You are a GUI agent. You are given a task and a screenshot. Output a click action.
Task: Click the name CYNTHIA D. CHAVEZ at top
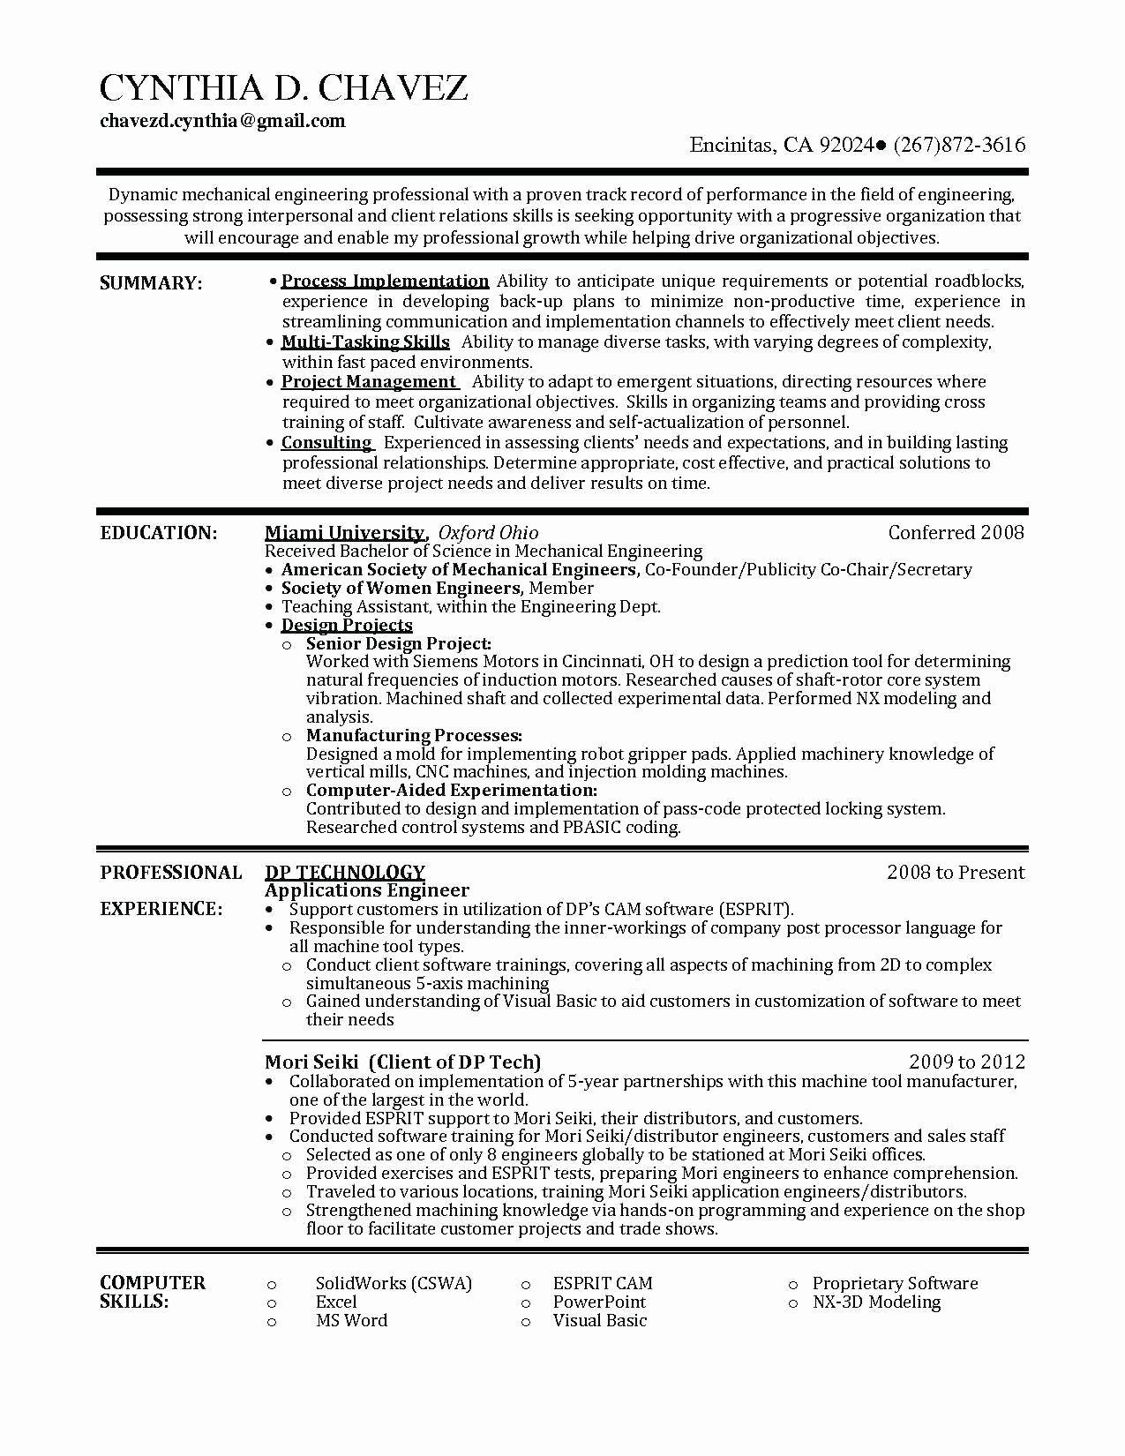pos(283,87)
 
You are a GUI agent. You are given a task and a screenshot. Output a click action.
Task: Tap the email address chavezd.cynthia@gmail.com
pos(222,121)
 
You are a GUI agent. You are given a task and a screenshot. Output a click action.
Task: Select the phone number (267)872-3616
pos(959,146)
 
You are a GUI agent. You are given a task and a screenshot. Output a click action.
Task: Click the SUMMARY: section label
pos(151,283)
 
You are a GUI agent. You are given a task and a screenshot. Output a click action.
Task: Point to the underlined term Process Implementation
pos(385,281)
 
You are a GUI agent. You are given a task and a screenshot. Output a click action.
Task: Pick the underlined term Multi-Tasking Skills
pos(365,342)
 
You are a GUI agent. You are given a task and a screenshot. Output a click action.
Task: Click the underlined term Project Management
pos(368,382)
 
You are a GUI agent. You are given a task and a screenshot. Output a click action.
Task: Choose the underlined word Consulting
pos(326,443)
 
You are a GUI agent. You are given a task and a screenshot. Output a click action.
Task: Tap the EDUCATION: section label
pos(158,533)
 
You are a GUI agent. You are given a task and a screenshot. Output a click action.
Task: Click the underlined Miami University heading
pos(345,533)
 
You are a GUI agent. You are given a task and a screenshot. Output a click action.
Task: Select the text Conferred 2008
pos(956,532)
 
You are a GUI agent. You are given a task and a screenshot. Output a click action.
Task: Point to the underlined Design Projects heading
pos(347,626)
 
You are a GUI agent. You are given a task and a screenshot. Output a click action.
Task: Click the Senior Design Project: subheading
pos(398,644)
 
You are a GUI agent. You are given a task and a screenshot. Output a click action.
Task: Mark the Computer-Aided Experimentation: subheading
pos(451,791)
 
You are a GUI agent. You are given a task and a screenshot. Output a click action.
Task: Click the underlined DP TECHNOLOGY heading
pos(345,873)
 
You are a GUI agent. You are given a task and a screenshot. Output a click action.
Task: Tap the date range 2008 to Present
pos(956,873)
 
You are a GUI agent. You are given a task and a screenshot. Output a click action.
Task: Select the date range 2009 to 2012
pos(967,1062)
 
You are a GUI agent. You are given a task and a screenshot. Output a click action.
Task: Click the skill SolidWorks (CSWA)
pos(394,1284)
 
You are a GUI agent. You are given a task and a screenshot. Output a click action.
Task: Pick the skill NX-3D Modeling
pos(876,1302)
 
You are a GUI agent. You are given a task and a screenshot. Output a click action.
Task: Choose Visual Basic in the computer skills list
pos(599,1321)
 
